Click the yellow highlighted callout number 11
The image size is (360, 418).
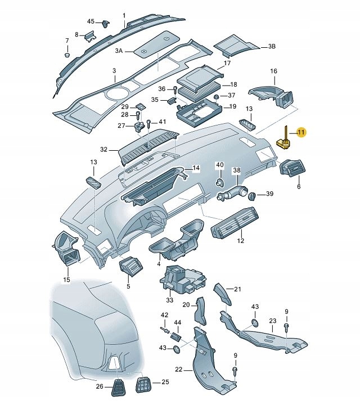(x=301, y=133)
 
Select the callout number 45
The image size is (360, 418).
(x=91, y=21)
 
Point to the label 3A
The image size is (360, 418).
(x=119, y=51)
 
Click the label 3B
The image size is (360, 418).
(x=272, y=46)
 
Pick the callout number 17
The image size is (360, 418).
(x=227, y=64)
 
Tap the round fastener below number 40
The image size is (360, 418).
(x=220, y=182)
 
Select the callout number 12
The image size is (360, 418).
(x=241, y=241)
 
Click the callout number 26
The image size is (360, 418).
(x=100, y=386)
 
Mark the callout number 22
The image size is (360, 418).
(x=179, y=369)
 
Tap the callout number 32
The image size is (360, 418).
(x=103, y=150)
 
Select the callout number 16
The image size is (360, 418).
(x=274, y=71)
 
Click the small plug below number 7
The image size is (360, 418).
(x=67, y=56)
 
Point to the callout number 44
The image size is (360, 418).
(x=178, y=322)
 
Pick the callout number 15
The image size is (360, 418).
(x=66, y=280)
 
